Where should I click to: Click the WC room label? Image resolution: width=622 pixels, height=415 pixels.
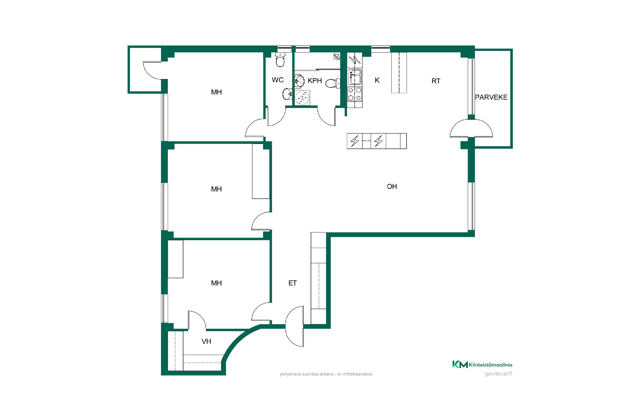pyautogui.click(x=278, y=80)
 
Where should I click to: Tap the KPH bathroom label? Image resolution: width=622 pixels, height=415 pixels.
pyautogui.click(x=315, y=81)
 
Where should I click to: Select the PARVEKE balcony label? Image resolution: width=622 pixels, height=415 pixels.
pyautogui.click(x=491, y=97)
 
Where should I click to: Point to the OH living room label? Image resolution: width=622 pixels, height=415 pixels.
pyautogui.click(x=392, y=186)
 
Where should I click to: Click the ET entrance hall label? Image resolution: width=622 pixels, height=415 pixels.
pyautogui.click(x=293, y=283)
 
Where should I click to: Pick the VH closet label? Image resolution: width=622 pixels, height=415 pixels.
pyautogui.click(x=206, y=341)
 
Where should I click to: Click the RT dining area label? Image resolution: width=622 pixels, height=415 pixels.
pyautogui.click(x=436, y=81)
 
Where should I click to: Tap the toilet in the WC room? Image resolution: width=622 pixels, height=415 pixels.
pyautogui.click(x=280, y=60)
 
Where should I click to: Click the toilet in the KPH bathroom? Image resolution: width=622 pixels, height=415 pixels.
pyautogui.click(x=333, y=83)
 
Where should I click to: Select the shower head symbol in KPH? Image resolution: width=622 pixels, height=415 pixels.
pyautogui.click(x=337, y=57)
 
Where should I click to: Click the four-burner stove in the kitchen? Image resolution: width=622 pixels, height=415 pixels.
pyautogui.click(x=355, y=94)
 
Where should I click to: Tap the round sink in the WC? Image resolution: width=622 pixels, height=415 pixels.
pyautogui.click(x=287, y=94)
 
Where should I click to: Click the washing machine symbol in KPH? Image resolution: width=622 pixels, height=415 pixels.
pyautogui.click(x=303, y=98)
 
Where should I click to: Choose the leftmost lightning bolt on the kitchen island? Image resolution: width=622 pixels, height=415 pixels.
pyautogui.click(x=355, y=141)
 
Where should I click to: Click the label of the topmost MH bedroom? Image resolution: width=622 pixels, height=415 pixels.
pyautogui.click(x=216, y=92)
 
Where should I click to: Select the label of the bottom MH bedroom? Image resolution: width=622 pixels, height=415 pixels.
pyautogui.click(x=216, y=283)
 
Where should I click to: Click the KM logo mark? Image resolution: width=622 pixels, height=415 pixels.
pyautogui.click(x=460, y=364)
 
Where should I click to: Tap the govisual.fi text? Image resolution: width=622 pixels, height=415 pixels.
pyautogui.click(x=499, y=374)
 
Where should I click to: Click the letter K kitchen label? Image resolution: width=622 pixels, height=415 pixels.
pyautogui.click(x=377, y=80)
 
